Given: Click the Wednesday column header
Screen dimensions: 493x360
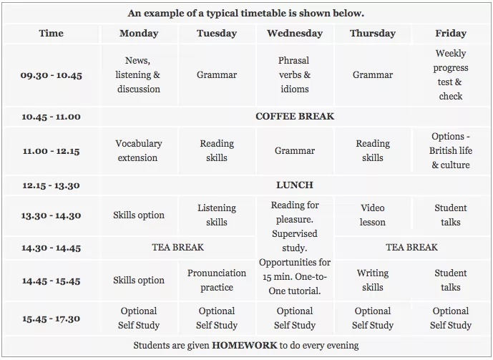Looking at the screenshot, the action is pos(294,33).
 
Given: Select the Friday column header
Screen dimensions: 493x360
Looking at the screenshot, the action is pos(450,33).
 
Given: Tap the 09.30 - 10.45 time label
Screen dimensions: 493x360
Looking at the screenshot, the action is pos(51,75).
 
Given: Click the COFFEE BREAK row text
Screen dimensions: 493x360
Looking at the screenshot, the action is pos(295,116).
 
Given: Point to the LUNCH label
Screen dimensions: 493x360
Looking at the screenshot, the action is pos(295,185).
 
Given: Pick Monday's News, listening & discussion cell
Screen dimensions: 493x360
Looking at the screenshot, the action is pos(138,74).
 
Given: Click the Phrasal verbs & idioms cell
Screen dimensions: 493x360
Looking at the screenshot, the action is pos(294,74).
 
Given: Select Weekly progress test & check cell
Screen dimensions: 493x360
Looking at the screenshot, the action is pos(451,74).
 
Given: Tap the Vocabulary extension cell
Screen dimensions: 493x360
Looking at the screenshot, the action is pos(138,150).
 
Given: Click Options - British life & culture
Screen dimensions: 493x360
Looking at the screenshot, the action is pos(451,150).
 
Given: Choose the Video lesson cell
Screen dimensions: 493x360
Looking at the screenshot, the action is pos(372,215).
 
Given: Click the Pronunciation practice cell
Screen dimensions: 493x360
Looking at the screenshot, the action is pos(216,280).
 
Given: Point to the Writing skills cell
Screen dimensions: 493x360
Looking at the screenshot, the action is pos(372,280).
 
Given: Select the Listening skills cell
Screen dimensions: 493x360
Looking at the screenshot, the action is pos(216,215).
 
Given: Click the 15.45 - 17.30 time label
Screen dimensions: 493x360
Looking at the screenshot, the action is pos(51,318).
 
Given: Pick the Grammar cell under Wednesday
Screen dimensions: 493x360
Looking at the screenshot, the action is pos(294,151).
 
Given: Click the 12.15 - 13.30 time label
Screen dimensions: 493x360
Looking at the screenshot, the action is pos(51,185).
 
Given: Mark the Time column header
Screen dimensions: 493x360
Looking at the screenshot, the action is pos(51,33).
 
